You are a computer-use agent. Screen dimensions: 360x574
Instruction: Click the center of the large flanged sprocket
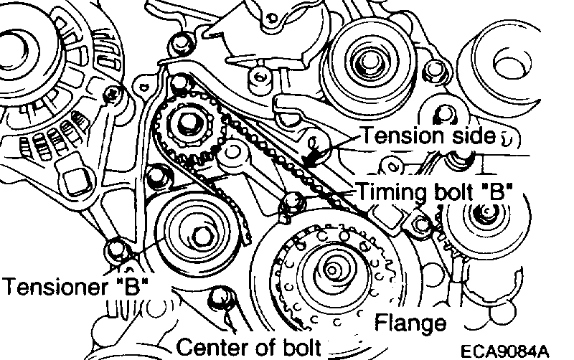tap(331, 270)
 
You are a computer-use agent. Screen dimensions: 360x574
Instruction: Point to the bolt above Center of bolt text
tap(220, 295)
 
